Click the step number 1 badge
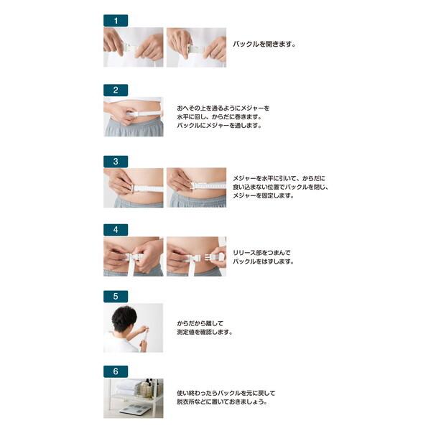click(x=116, y=21)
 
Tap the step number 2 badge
click(x=116, y=91)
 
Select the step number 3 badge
click(x=116, y=162)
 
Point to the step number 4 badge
click(x=116, y=230)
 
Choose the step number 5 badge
click(x=116, y=296)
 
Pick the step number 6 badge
click(x=116, y=371)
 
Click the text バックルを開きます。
click(x=264, y=44)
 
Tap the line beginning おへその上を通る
click(x=223, y=108)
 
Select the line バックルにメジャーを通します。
click(x=219, y=126)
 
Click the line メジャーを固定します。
click(x=264, y=195)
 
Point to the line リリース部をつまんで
click(x=261, y=253)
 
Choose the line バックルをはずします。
click(x=264, y=261)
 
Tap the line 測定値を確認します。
click(x=205, y=332)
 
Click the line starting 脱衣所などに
click(x=222, y=402)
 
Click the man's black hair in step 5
click(x=124, y=318)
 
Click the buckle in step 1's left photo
click(x=129, y=48)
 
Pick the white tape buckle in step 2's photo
click(x=132, y=113)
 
